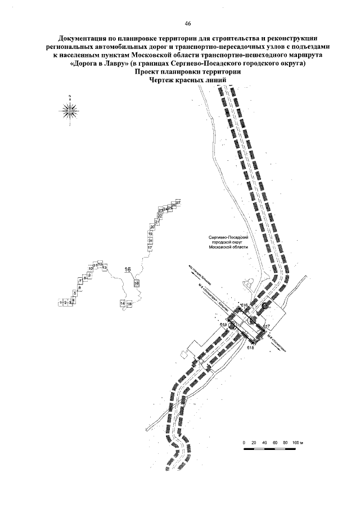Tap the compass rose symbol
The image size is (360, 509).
69,110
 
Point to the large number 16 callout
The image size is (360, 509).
127,269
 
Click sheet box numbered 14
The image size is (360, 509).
122,303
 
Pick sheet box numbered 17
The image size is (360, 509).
150,247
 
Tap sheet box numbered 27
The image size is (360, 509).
178,202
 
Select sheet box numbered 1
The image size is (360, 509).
60,303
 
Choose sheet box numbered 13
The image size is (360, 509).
104,267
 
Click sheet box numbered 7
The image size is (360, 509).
80,281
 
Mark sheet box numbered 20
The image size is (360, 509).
152,227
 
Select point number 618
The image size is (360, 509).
251,348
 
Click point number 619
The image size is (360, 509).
223,325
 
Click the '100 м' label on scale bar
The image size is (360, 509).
298,443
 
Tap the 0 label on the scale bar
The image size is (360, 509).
245,443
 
